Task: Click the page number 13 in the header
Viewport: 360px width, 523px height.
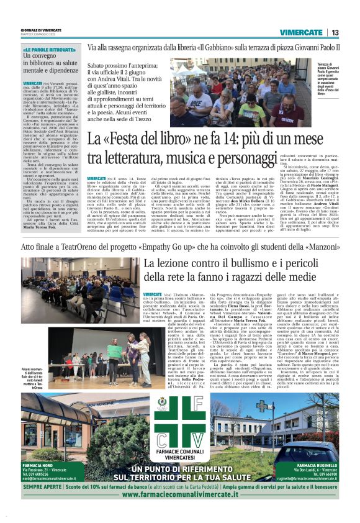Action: (335, 32)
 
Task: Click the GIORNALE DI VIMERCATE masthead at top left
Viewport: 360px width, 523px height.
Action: (41, 29)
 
